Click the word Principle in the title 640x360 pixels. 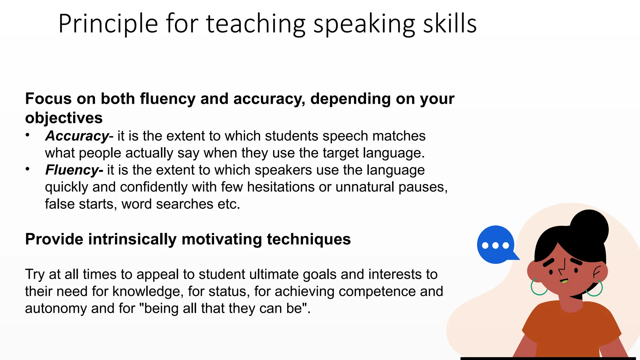pos(108,24)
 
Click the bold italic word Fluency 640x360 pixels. pos(72,170)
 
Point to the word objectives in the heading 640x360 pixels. pos(64,118)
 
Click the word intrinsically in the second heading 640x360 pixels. pos(132,239)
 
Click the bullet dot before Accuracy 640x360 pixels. pos(27,135)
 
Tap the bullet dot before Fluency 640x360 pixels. pos(27,169)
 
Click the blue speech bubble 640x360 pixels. pos(496,244)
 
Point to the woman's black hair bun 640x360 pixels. pos(589,227)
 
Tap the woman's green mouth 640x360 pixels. pos(564,281)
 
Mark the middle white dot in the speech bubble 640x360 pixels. pos(495,245)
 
